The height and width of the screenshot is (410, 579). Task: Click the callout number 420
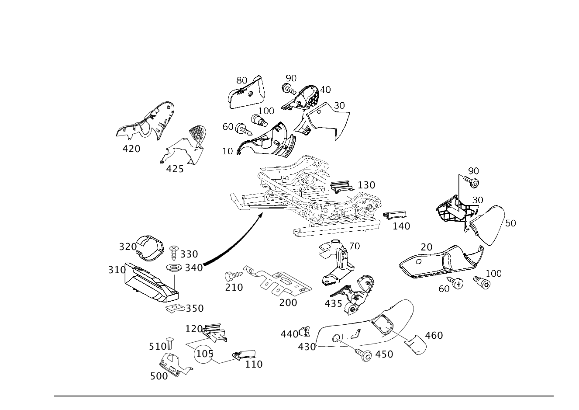[x=131, y=149]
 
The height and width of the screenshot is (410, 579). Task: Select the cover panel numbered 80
[x=246, y=93]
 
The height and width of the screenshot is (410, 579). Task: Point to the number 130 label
[x=366, y=185]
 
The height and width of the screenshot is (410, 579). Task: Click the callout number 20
[x=427, y=247]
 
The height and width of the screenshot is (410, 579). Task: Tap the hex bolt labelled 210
[x=234, y=276]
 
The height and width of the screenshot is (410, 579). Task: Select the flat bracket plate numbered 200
[x=279, y=281]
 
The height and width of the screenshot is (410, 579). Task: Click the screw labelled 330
[x=174, y=253]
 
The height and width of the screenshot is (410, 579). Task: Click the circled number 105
[x=203, y=354]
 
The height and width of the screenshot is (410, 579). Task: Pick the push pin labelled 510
[x=170, y=344]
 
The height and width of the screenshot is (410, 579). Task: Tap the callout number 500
[x=159, y=376]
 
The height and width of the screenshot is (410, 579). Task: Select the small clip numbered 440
[x=304, y=332]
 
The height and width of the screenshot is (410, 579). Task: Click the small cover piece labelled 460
[x=415, y=345]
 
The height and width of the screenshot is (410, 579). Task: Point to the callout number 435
[x=334, y=304]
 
